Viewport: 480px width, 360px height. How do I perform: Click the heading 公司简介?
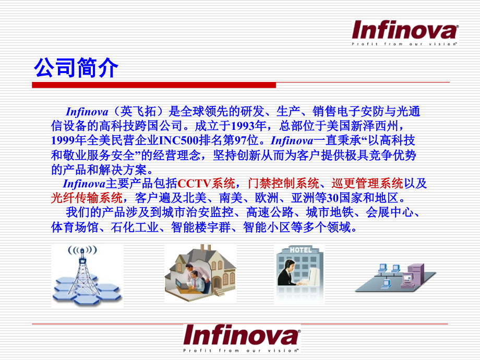click(x=76, y=68)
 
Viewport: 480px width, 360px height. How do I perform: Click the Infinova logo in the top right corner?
click(x=404, y=30)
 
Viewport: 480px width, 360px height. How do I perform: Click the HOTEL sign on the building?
click(x=301, y=250)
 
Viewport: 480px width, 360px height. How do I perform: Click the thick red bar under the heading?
click(x=154, y=85)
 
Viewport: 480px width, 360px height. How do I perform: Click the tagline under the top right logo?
click(x=404, y=45)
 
